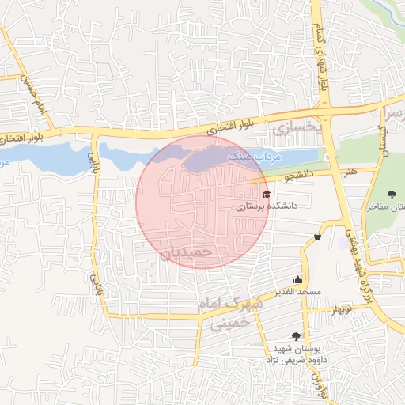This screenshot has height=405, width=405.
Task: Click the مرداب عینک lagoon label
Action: click(x=255, y=157)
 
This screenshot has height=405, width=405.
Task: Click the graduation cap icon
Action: click(x=267, y=194)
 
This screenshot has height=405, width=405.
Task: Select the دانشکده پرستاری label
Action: click(x=265, y=206)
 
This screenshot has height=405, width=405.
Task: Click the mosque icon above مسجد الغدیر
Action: click(x=297, y=279)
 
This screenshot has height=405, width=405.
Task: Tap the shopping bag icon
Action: click(x=317, y=236)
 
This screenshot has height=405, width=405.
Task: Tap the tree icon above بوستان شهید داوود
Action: click(x=296, y=336)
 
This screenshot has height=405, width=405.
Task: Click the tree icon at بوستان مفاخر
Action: click(x=392, y=195)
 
